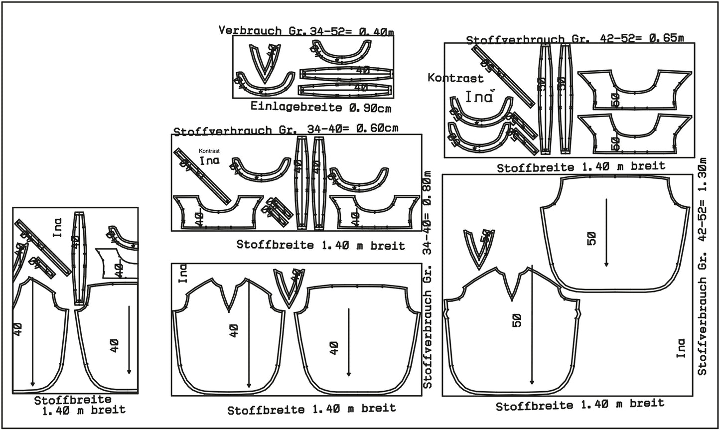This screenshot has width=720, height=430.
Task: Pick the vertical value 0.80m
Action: coord(428,190)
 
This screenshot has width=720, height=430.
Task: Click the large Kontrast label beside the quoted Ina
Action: coord(455,78)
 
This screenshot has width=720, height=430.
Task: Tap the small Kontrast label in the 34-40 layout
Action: coord(209,150)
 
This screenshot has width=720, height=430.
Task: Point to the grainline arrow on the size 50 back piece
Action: coord(606,232)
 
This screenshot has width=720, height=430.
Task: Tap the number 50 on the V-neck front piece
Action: coord(516,320)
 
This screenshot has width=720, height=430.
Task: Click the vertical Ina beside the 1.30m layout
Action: coord(681,348)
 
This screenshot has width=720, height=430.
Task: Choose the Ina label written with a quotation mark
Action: coord(479,96)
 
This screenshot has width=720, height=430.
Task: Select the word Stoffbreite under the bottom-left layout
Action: coord(73,400)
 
